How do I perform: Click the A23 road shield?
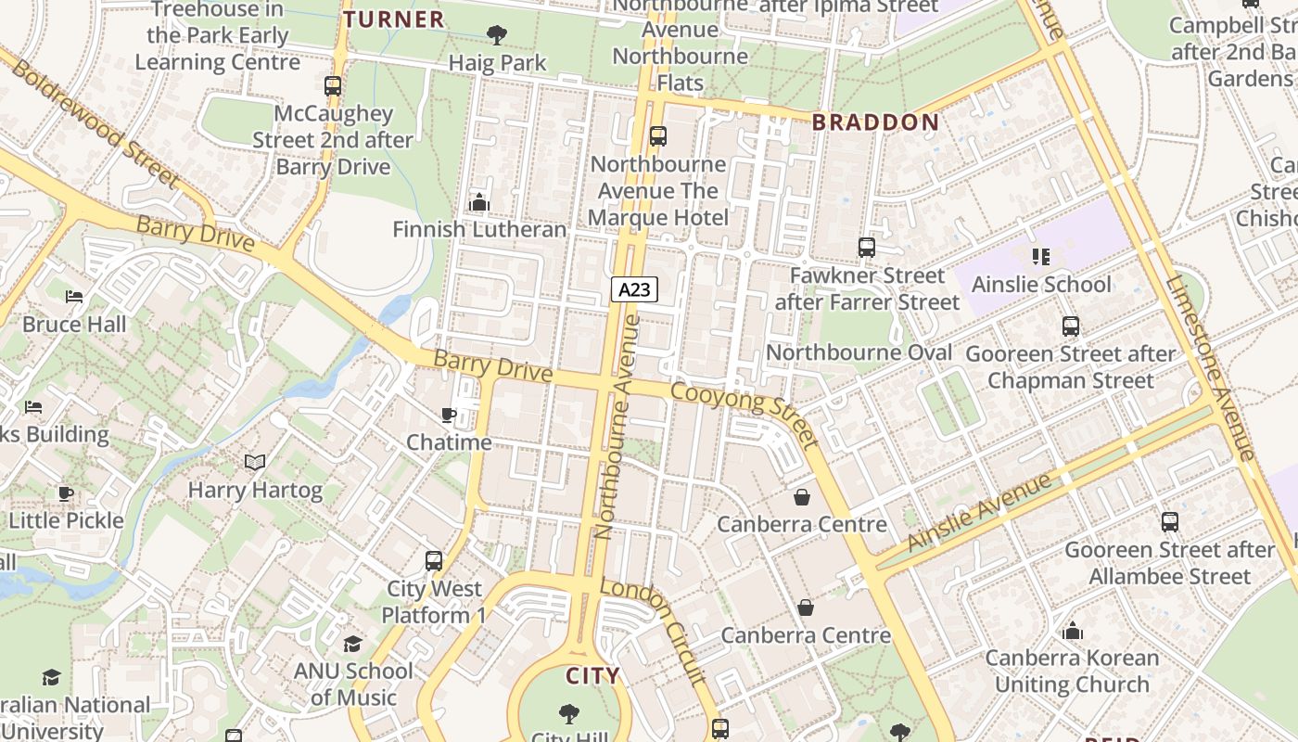tap(634, 289)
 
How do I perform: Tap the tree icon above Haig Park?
tap(497, 36)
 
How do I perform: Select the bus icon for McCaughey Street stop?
tap(333, 86)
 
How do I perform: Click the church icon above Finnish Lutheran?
tap(479, 201)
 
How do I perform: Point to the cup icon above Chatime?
tap(449, 415)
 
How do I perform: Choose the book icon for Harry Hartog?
tap(255, 462)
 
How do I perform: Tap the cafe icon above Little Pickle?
tap(65, 493)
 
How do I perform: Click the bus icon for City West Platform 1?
tap(434, 561)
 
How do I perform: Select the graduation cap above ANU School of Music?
tap(353, 644)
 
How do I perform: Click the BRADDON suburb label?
tap(875, 122)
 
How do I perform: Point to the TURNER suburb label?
tap(394, 19)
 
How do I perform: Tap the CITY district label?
tap(592, 676)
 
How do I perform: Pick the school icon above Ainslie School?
tap(1040, 257)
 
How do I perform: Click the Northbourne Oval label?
tap(859, 352)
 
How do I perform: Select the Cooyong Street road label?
tap(745, 414)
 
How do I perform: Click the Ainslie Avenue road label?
tap(980, 513)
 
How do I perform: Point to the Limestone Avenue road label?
tap(1209, 367)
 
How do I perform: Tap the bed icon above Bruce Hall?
tap(74, 297)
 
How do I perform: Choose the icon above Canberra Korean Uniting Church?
tap(1073, 632)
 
